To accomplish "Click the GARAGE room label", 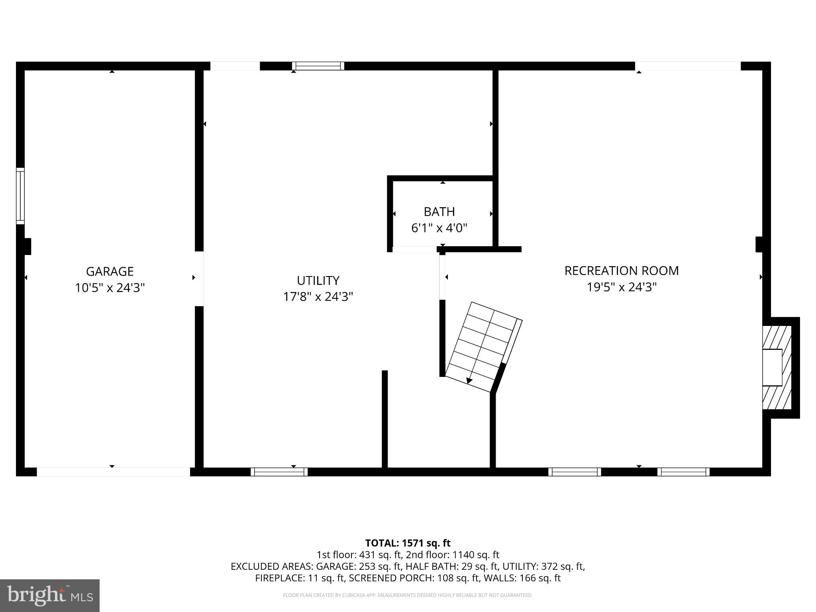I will click(110, 271).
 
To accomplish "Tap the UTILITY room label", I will click(318, 280).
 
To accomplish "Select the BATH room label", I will click(439, 212).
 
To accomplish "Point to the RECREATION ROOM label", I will click(621, 271).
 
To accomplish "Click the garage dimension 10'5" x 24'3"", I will click(110, 288).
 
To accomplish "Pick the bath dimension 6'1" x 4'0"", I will click(439, 228).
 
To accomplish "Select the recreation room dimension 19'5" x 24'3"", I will click(621, 287).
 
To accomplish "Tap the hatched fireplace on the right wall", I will click(777, 367).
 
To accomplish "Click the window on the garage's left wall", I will click(20, 196).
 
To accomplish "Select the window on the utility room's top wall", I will click(318, 66).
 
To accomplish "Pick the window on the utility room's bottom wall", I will click(279, 472).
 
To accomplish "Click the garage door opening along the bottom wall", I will click(113, 472).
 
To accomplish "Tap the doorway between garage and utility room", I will click(199, 279).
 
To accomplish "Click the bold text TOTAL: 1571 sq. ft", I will click(408, 543).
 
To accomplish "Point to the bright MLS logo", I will click(49, 595).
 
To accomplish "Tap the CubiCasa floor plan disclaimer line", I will click(408, 595).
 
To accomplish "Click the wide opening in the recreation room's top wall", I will click(687, 66).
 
